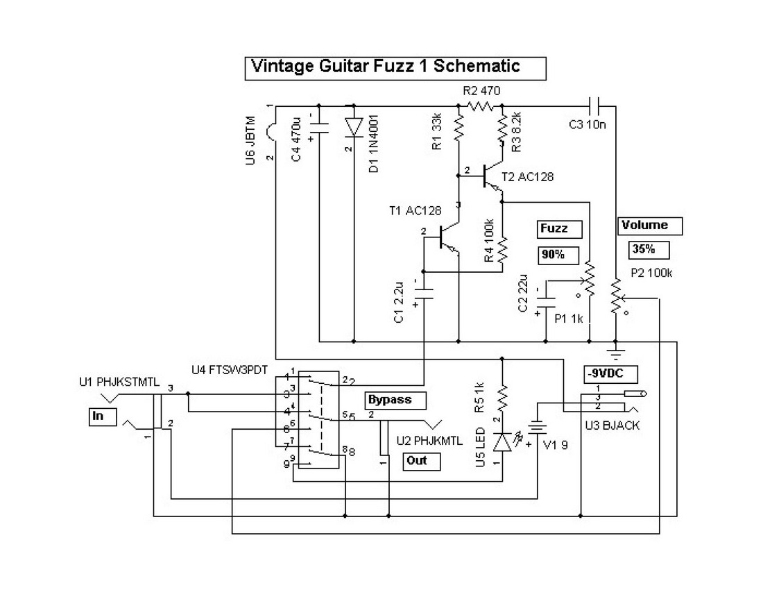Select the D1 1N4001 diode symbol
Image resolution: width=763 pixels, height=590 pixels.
click(x=354, y=126)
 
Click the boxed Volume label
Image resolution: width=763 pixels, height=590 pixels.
click(x=650, y=226)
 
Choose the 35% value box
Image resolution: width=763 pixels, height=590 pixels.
click(x=649, y=249)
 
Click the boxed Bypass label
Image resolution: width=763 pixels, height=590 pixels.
click(x=395, y=401)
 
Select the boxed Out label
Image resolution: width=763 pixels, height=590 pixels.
click(x=421, y=461)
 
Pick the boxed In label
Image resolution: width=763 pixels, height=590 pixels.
click(x=99, y=416)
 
